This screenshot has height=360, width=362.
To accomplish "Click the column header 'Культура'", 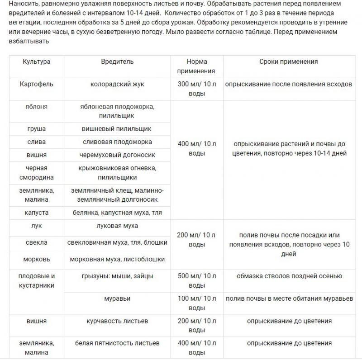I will tap(37, 62).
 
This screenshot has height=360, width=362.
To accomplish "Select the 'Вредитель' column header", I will tap(117, 62).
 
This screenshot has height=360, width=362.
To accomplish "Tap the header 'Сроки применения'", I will tap(289, 62).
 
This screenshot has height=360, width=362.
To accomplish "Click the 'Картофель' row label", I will tap(37, 84).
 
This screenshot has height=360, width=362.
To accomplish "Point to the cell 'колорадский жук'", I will tap(117, 84).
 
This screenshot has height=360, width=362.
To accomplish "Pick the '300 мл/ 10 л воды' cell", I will tap(197, 89).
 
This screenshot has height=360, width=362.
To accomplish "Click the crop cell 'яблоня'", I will tap(37, 107).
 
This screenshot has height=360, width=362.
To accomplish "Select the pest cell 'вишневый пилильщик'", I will tap(117, 129).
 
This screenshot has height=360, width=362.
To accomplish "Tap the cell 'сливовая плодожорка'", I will tap(117, 142).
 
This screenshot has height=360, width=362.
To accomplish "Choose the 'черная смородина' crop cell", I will tap(37, 173).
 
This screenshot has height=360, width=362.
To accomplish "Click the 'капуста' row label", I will tap(37, 212).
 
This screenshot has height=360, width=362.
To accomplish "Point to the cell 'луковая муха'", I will tap(117, 225).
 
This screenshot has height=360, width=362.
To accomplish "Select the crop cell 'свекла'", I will tap(37, 242).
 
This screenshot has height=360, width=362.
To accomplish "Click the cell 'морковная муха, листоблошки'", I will tap(117, 260).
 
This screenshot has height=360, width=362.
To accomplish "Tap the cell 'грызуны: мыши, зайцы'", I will tap(117, 276).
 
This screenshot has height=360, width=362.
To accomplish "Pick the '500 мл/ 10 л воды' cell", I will tap(197, 280).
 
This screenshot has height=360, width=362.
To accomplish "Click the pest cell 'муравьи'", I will tap(117, 298).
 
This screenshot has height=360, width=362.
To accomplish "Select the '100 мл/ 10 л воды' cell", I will tap(197, 303).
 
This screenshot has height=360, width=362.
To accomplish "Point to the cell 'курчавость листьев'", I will tap(117, 321).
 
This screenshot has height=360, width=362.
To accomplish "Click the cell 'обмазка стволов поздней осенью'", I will tap(289, 276).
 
